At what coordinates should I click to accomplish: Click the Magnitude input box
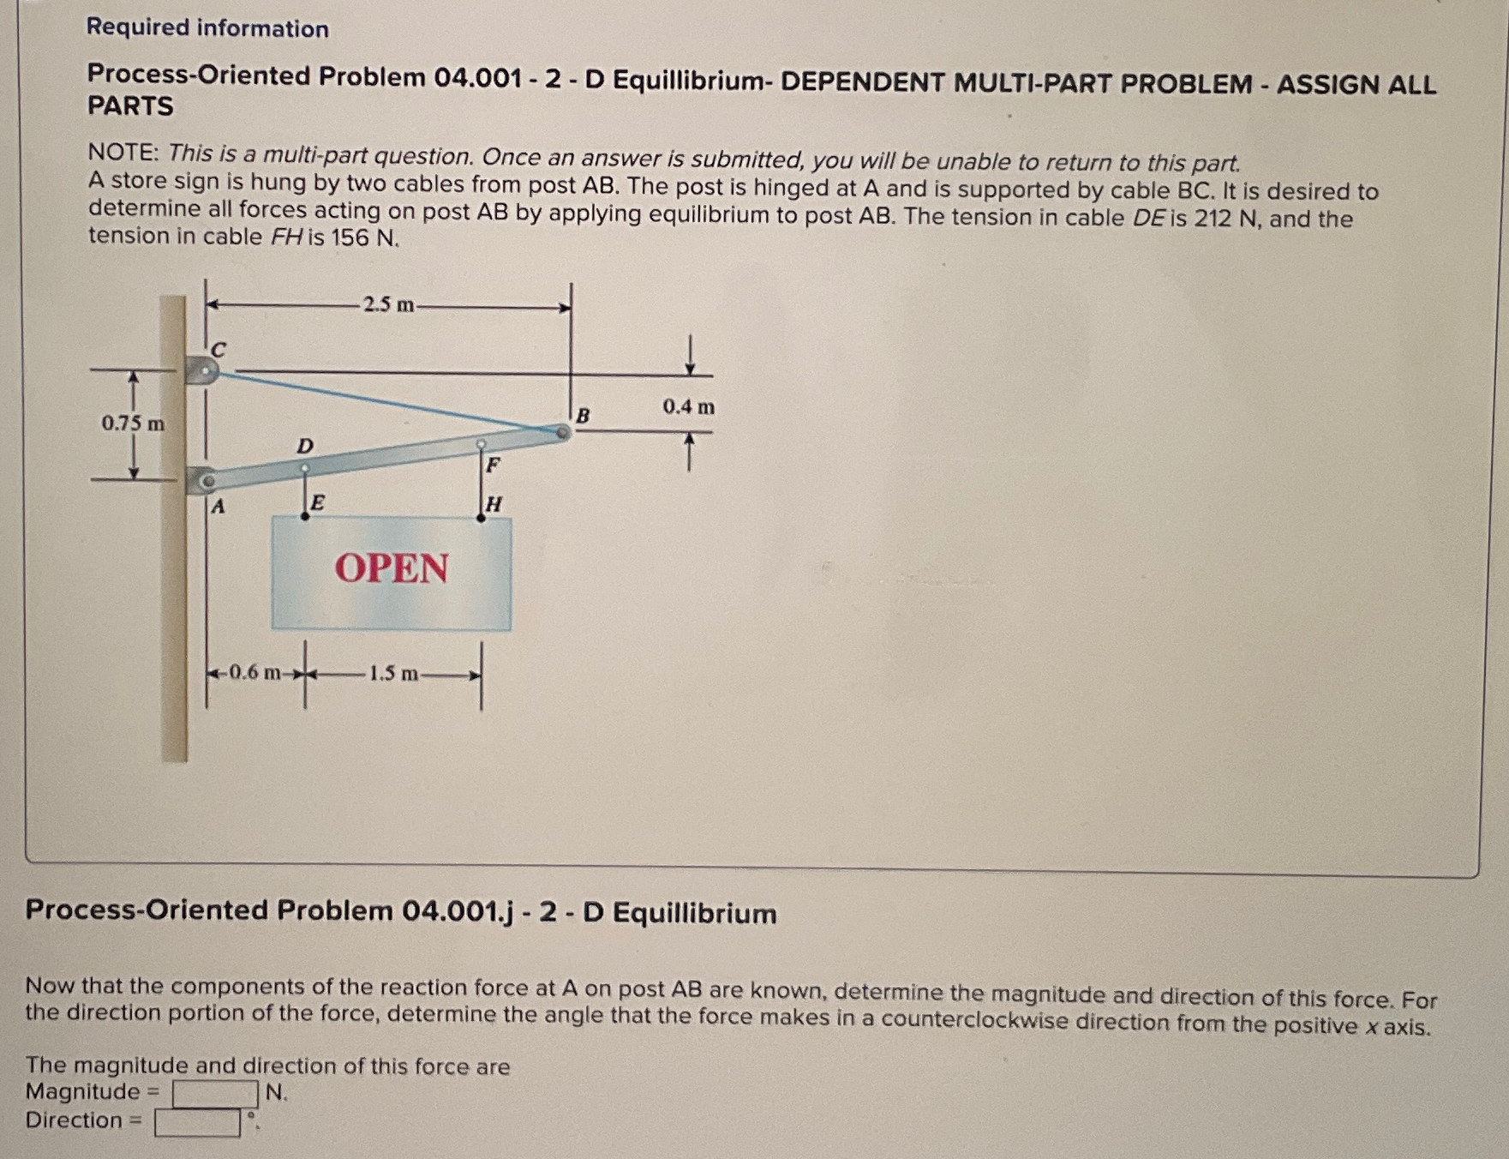pos(215,1094)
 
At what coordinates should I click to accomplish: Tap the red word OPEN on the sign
pos(392,568)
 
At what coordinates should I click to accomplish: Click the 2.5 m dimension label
pos(387,304)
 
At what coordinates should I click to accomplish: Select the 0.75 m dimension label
pos(133,423)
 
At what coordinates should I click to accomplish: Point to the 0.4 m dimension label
pos(688,407)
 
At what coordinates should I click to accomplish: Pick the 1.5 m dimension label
pos(393,674)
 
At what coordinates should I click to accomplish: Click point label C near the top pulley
pos(219,350)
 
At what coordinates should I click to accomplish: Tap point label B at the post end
pos(583,416)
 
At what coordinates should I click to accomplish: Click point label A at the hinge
pos(218,507)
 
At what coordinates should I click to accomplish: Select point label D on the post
pos(304,446)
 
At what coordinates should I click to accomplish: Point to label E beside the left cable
pos(316,502)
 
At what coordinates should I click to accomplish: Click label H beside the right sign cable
pos(494,504)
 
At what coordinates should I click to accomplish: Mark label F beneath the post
pos(493,465)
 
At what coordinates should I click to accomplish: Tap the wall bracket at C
pos(203,370)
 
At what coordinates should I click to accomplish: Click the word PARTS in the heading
pos(130,106)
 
